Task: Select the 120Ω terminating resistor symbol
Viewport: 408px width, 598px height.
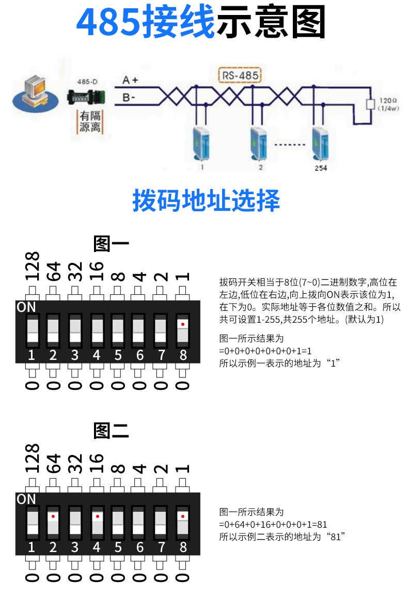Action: (370, 104)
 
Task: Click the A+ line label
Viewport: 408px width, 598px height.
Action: (131, 81)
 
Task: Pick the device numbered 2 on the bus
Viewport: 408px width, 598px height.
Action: (260, 144)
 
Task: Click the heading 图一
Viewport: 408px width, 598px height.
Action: (111, 243)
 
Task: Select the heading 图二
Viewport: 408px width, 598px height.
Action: (111, 430)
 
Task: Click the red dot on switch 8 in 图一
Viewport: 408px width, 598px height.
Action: (183, 324)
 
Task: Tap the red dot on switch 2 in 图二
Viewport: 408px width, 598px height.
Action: (53, 516)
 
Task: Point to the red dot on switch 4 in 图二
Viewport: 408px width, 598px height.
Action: (97, 516)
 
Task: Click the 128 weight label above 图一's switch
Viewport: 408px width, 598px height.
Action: (32, 266)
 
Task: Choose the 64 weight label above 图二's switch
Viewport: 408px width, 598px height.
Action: (54, 462)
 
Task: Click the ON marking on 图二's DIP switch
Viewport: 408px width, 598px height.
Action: (26, 499)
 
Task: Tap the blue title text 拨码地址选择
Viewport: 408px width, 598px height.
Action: (206, 200)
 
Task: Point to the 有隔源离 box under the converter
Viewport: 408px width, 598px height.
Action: (89, 121)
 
